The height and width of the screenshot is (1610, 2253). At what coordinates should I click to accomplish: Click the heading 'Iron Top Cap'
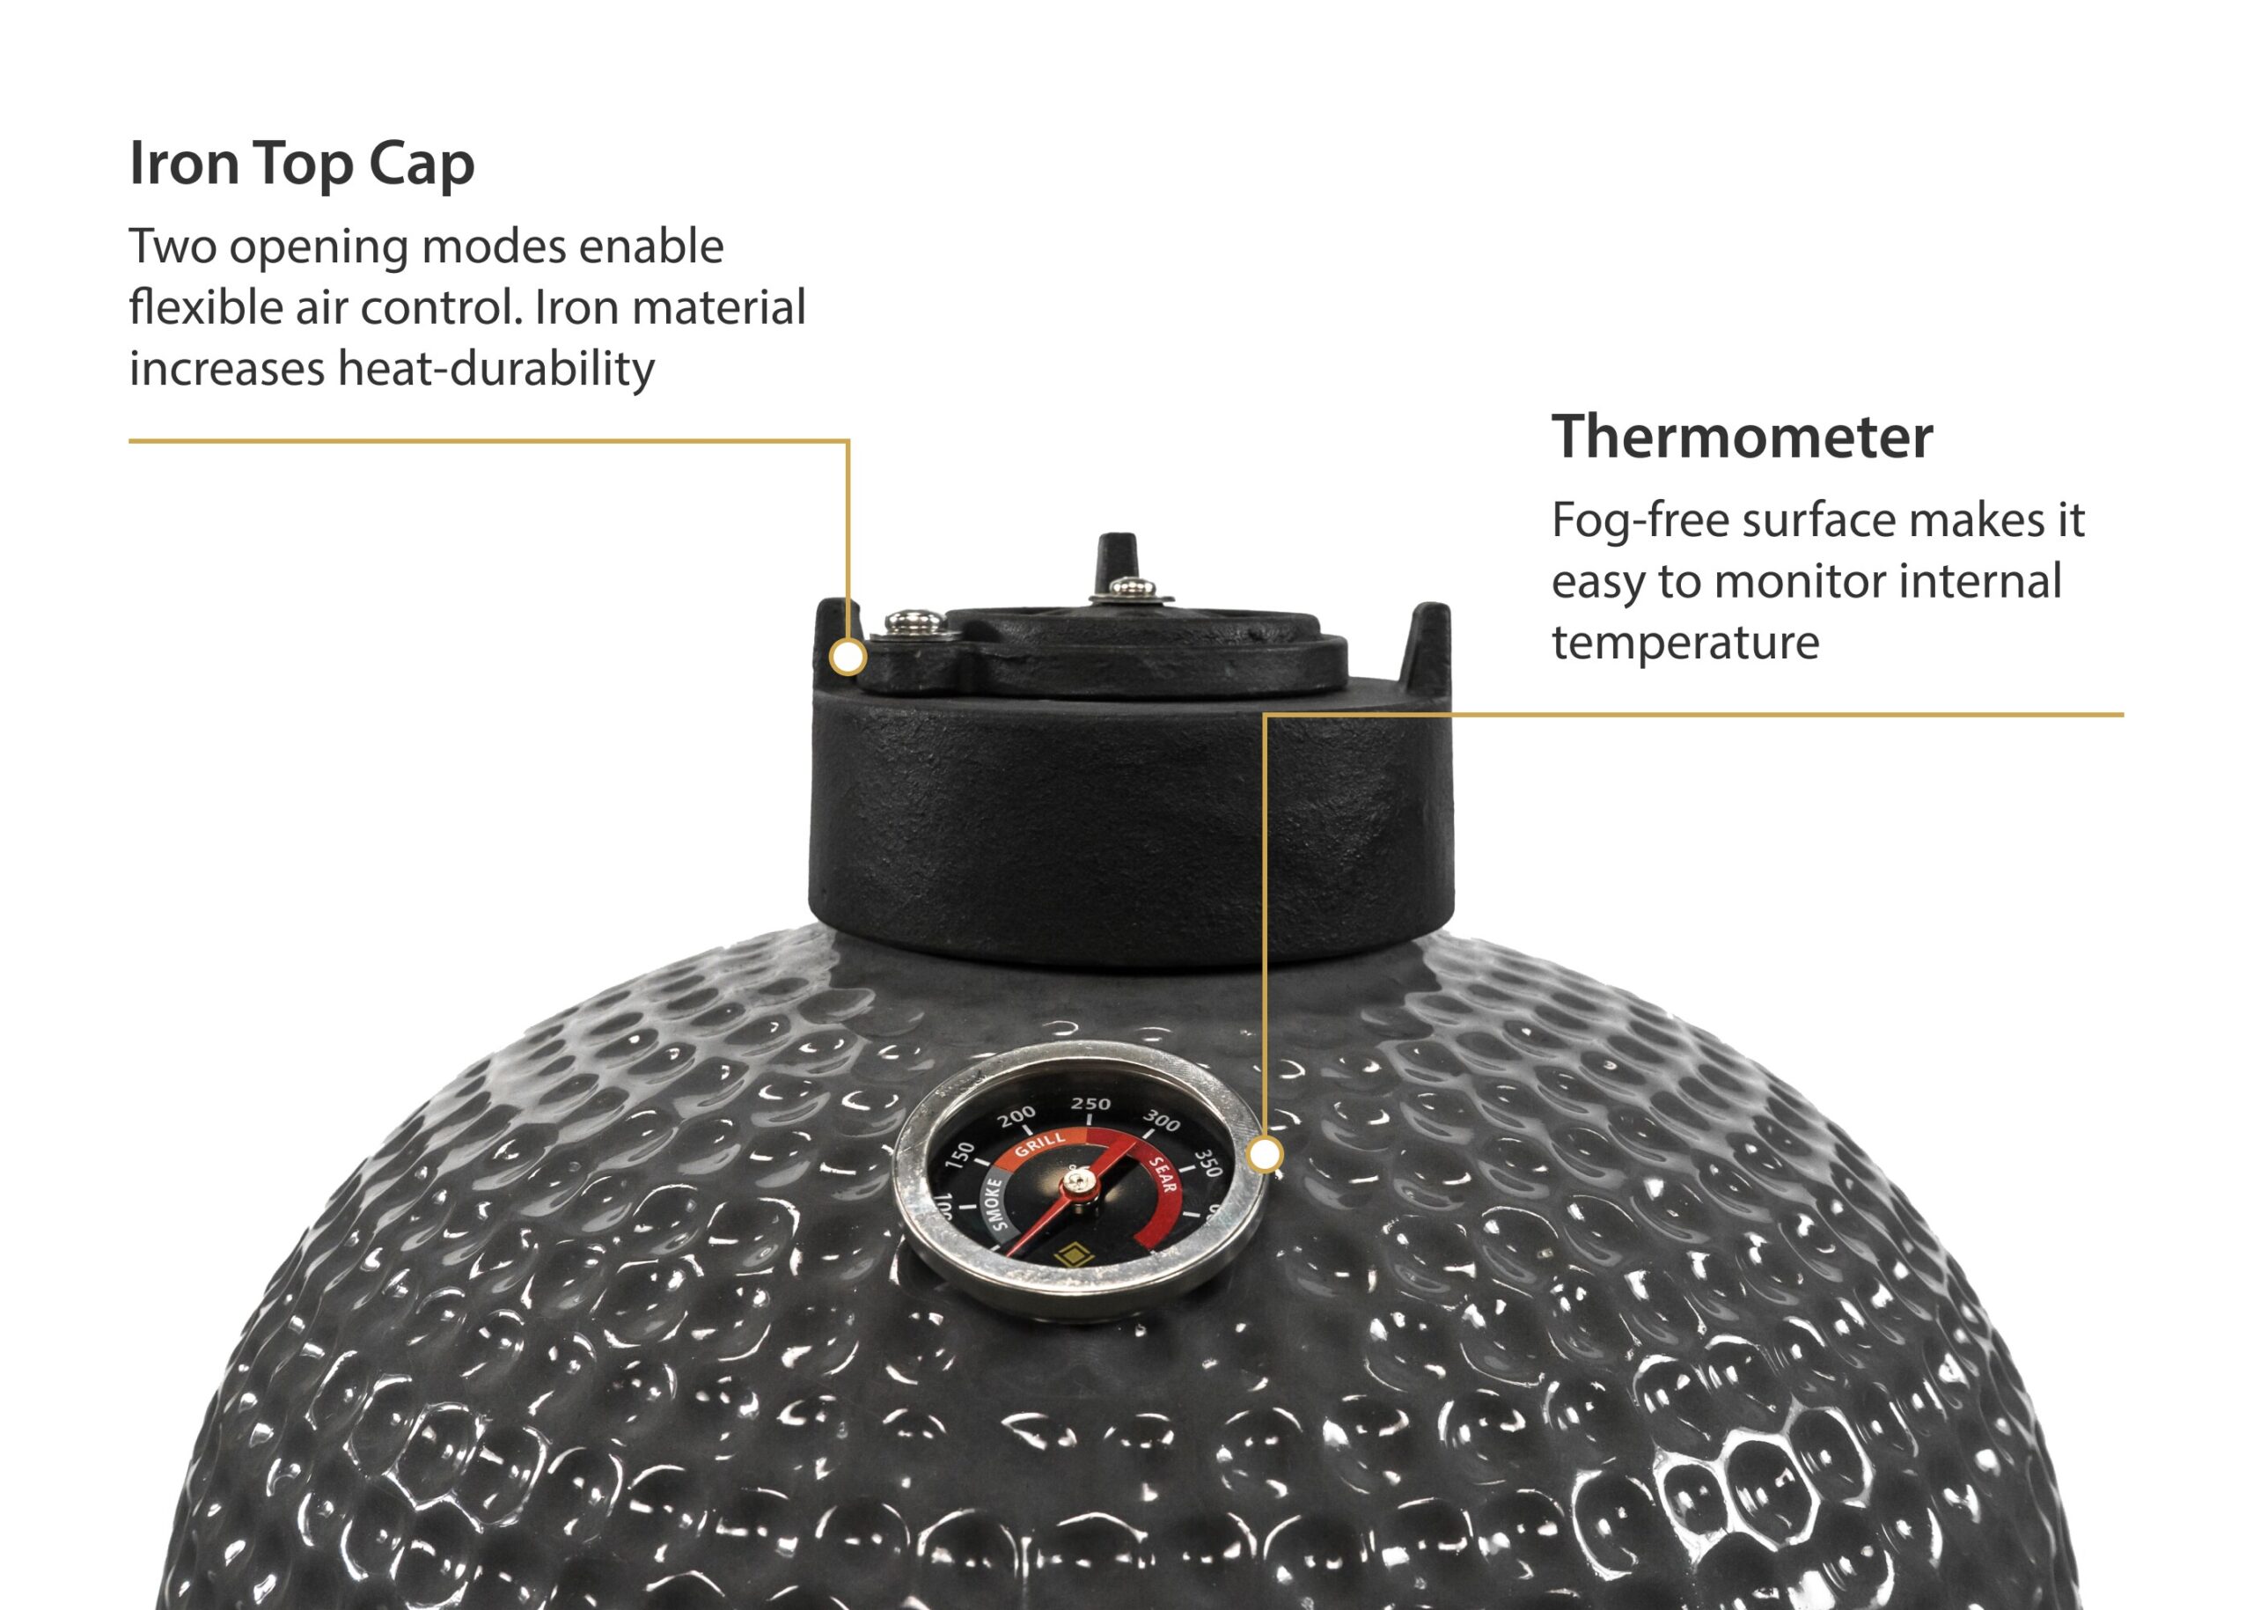(301, 164)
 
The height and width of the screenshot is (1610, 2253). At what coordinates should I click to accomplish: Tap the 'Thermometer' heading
(1742, 437)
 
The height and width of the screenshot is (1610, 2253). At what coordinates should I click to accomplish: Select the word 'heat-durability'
(495, 368)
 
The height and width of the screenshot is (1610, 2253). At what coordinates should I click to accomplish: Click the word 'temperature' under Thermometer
(1685, 643)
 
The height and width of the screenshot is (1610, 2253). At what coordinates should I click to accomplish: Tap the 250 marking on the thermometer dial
(1090, 1103)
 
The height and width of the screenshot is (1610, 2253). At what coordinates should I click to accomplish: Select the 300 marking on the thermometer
(1162, 1121)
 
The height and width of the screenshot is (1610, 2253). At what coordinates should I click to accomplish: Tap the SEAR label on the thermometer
(1163, 1175)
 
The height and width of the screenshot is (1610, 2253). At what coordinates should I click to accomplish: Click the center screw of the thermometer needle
(1077, 1183)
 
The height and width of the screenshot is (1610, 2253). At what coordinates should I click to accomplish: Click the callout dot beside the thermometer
(1265, 1155)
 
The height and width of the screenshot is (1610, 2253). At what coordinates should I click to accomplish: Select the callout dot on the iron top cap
(848, 658)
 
